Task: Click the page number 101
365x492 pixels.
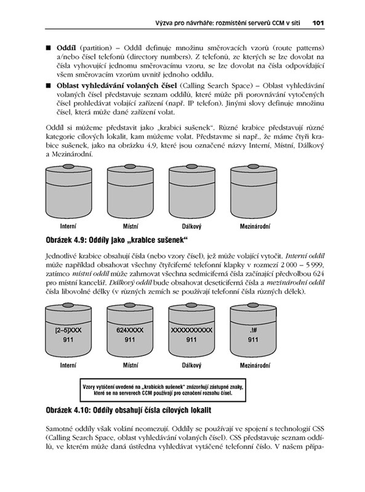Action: [x=318, y=23]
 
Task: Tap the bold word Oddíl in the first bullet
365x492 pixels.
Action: [x=66, y=48]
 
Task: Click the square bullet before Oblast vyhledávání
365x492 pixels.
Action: [x=48, y=85]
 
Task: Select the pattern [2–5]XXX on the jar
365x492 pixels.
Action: [x=68, y=330]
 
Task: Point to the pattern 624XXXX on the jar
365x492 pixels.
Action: [x=130, y=330]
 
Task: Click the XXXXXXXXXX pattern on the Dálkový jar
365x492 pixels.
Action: [x=191, y=330]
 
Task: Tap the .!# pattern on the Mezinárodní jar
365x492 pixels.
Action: [x=253, y=330]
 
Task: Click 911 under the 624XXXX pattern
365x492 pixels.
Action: [x=130, y=339]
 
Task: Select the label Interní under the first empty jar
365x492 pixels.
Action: [x=68, y=226]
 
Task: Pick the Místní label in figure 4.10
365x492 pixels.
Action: [x=130, y=365]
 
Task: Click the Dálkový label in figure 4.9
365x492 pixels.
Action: [x=191, y=226]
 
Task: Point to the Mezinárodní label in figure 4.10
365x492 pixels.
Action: [x=255, y=365]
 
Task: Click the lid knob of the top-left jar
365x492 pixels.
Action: [x=69, y=166]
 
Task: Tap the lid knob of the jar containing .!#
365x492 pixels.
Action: [x=254, y=305]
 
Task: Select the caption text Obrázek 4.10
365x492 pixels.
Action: [x=67, y=410]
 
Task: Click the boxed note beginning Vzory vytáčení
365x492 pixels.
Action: [x=162, y=390]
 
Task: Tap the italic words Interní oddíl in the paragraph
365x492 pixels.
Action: [x=306, y=256]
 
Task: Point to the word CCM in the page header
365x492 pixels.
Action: [x=278, y=23]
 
